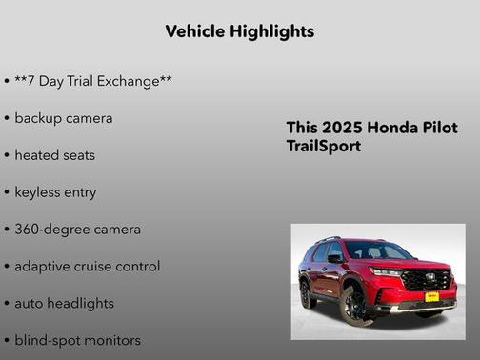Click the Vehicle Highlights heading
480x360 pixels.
click(x=239, y=31)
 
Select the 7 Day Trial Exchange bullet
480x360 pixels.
click(x=92, y=81)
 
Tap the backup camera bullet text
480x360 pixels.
click(x=63, y=118)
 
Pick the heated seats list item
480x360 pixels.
click(x=54, y=155)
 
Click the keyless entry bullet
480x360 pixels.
click(x=55, y=192)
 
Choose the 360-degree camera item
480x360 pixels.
click(x=77, y=230)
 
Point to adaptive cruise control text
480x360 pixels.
click(x=87, y=267)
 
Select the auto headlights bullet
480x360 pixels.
click(x=64, y=303)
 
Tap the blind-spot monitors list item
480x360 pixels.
click(x=77, y=340)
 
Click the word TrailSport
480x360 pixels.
click(x=324, y=148)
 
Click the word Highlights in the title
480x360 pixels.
click(x=268, y=31)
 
